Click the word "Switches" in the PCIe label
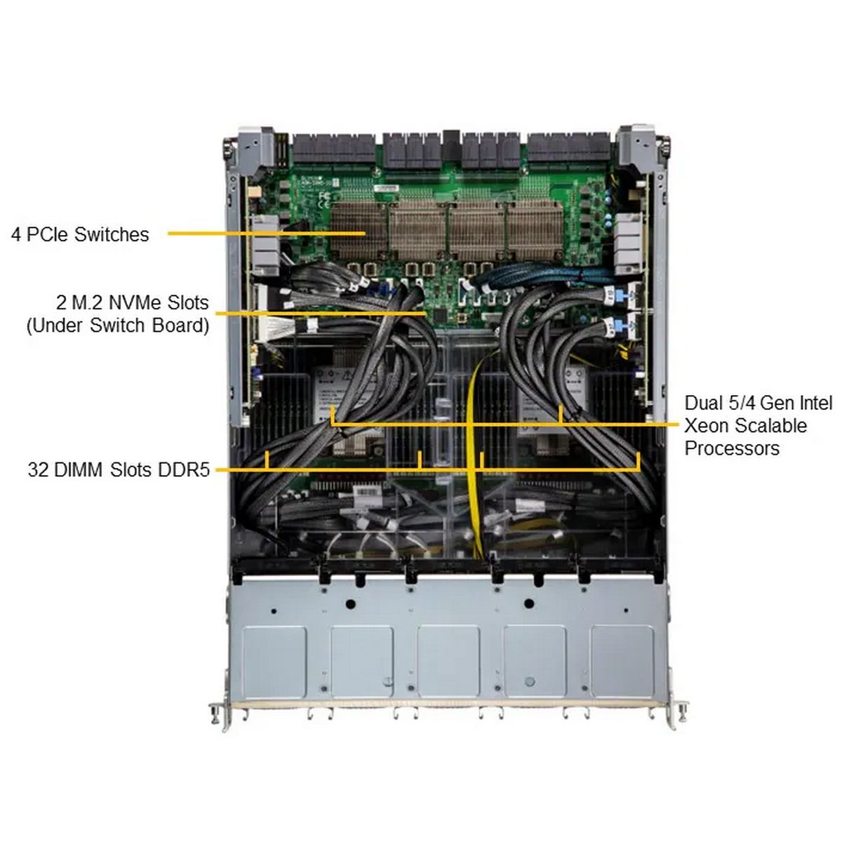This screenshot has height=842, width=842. pos(112,234)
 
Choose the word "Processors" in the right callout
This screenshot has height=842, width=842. pos(732,448)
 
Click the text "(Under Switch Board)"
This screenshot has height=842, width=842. pos(118,326)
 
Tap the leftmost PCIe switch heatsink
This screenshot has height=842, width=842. pos(359,231)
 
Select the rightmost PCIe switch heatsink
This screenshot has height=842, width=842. pos(535,231)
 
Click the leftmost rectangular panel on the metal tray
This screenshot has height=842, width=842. pos(274,662)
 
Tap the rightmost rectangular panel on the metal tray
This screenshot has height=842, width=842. pos(622,662)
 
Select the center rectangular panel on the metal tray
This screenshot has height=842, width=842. pos(448,662)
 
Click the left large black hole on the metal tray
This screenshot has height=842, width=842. pos(350,604)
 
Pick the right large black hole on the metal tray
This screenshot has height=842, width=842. pos(529,604)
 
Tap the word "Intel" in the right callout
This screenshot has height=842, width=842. pos(815,403)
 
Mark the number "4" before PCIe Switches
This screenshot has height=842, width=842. pos(16,234)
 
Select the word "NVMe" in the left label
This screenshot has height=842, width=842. pos(135,302)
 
